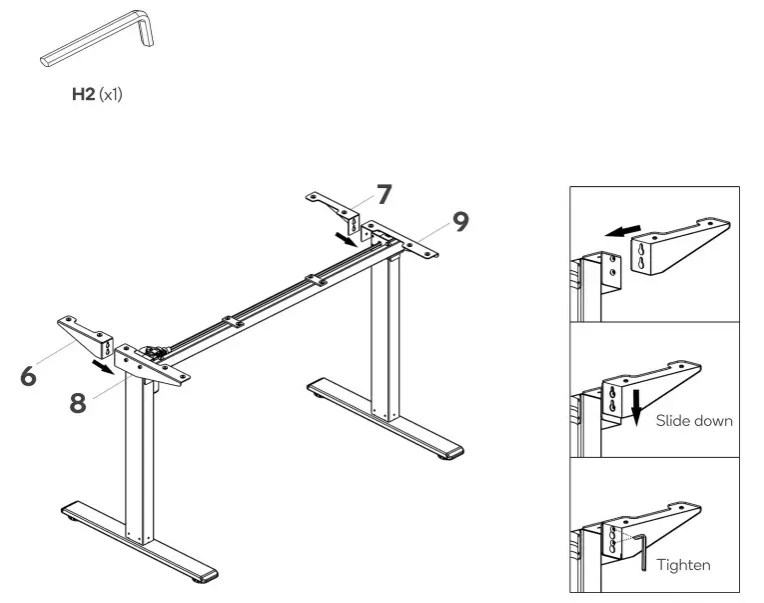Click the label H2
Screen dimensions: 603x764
[x=83, y=96]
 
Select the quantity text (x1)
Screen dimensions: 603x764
[x=111, y=96]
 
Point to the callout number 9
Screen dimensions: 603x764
[x=459, y=221]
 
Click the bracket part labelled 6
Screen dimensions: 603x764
[x=86, y=333]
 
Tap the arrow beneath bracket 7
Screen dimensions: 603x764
[x=344, y=241]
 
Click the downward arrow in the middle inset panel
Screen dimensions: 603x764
[x=633, y=405]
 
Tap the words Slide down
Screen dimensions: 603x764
[x=694, y=421]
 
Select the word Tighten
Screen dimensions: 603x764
[x=683, y=565]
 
